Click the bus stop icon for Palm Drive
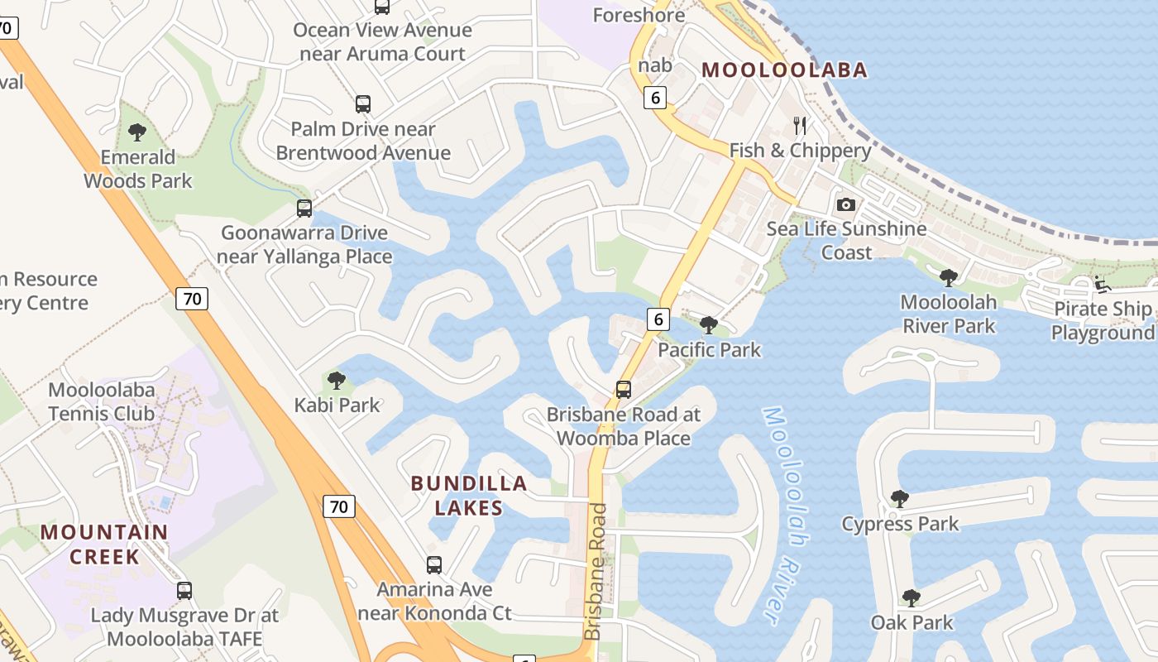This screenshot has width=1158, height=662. (x=363, y=104)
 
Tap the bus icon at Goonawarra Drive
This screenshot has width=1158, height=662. (x=304, y=209)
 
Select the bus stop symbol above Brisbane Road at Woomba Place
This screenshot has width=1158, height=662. (x=624, y=389)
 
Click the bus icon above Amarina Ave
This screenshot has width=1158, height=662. (x=434, y=565)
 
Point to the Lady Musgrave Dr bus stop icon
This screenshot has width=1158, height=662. (x=184, y=591)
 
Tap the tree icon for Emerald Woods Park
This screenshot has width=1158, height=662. (x=137, y=132)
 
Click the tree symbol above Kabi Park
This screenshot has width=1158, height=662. (x=336, y=381)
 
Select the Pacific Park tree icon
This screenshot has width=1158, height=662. (x=708, y=324)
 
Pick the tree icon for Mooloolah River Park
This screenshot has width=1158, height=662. (x=949, y=277)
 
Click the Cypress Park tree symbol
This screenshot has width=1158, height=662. (x=900, y=499)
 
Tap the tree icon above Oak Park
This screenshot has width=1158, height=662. (x=911, y=597)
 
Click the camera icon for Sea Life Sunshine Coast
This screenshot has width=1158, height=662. (x=845, y=204)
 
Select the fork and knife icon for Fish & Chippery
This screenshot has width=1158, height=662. (x=799, y=126)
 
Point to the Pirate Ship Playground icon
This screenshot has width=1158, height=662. (x=1102, y=285)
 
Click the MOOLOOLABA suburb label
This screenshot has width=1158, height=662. (x=784, y=70)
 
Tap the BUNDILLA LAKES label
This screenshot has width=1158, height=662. (x=469, y=495)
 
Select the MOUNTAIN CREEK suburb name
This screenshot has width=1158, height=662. (x=104, y=544)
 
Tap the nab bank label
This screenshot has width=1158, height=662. (x=654, y=65)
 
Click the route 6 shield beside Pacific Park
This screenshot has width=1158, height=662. (x=658, y=319)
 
